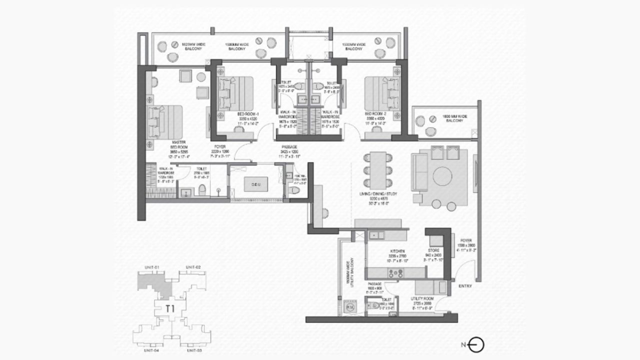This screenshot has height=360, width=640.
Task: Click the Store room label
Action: tap(433, 251)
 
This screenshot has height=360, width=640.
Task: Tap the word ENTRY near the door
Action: tap(464, 286)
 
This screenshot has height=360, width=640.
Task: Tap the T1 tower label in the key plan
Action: tap(170, 308)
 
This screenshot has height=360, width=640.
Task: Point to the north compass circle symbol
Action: tap(477, 344)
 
